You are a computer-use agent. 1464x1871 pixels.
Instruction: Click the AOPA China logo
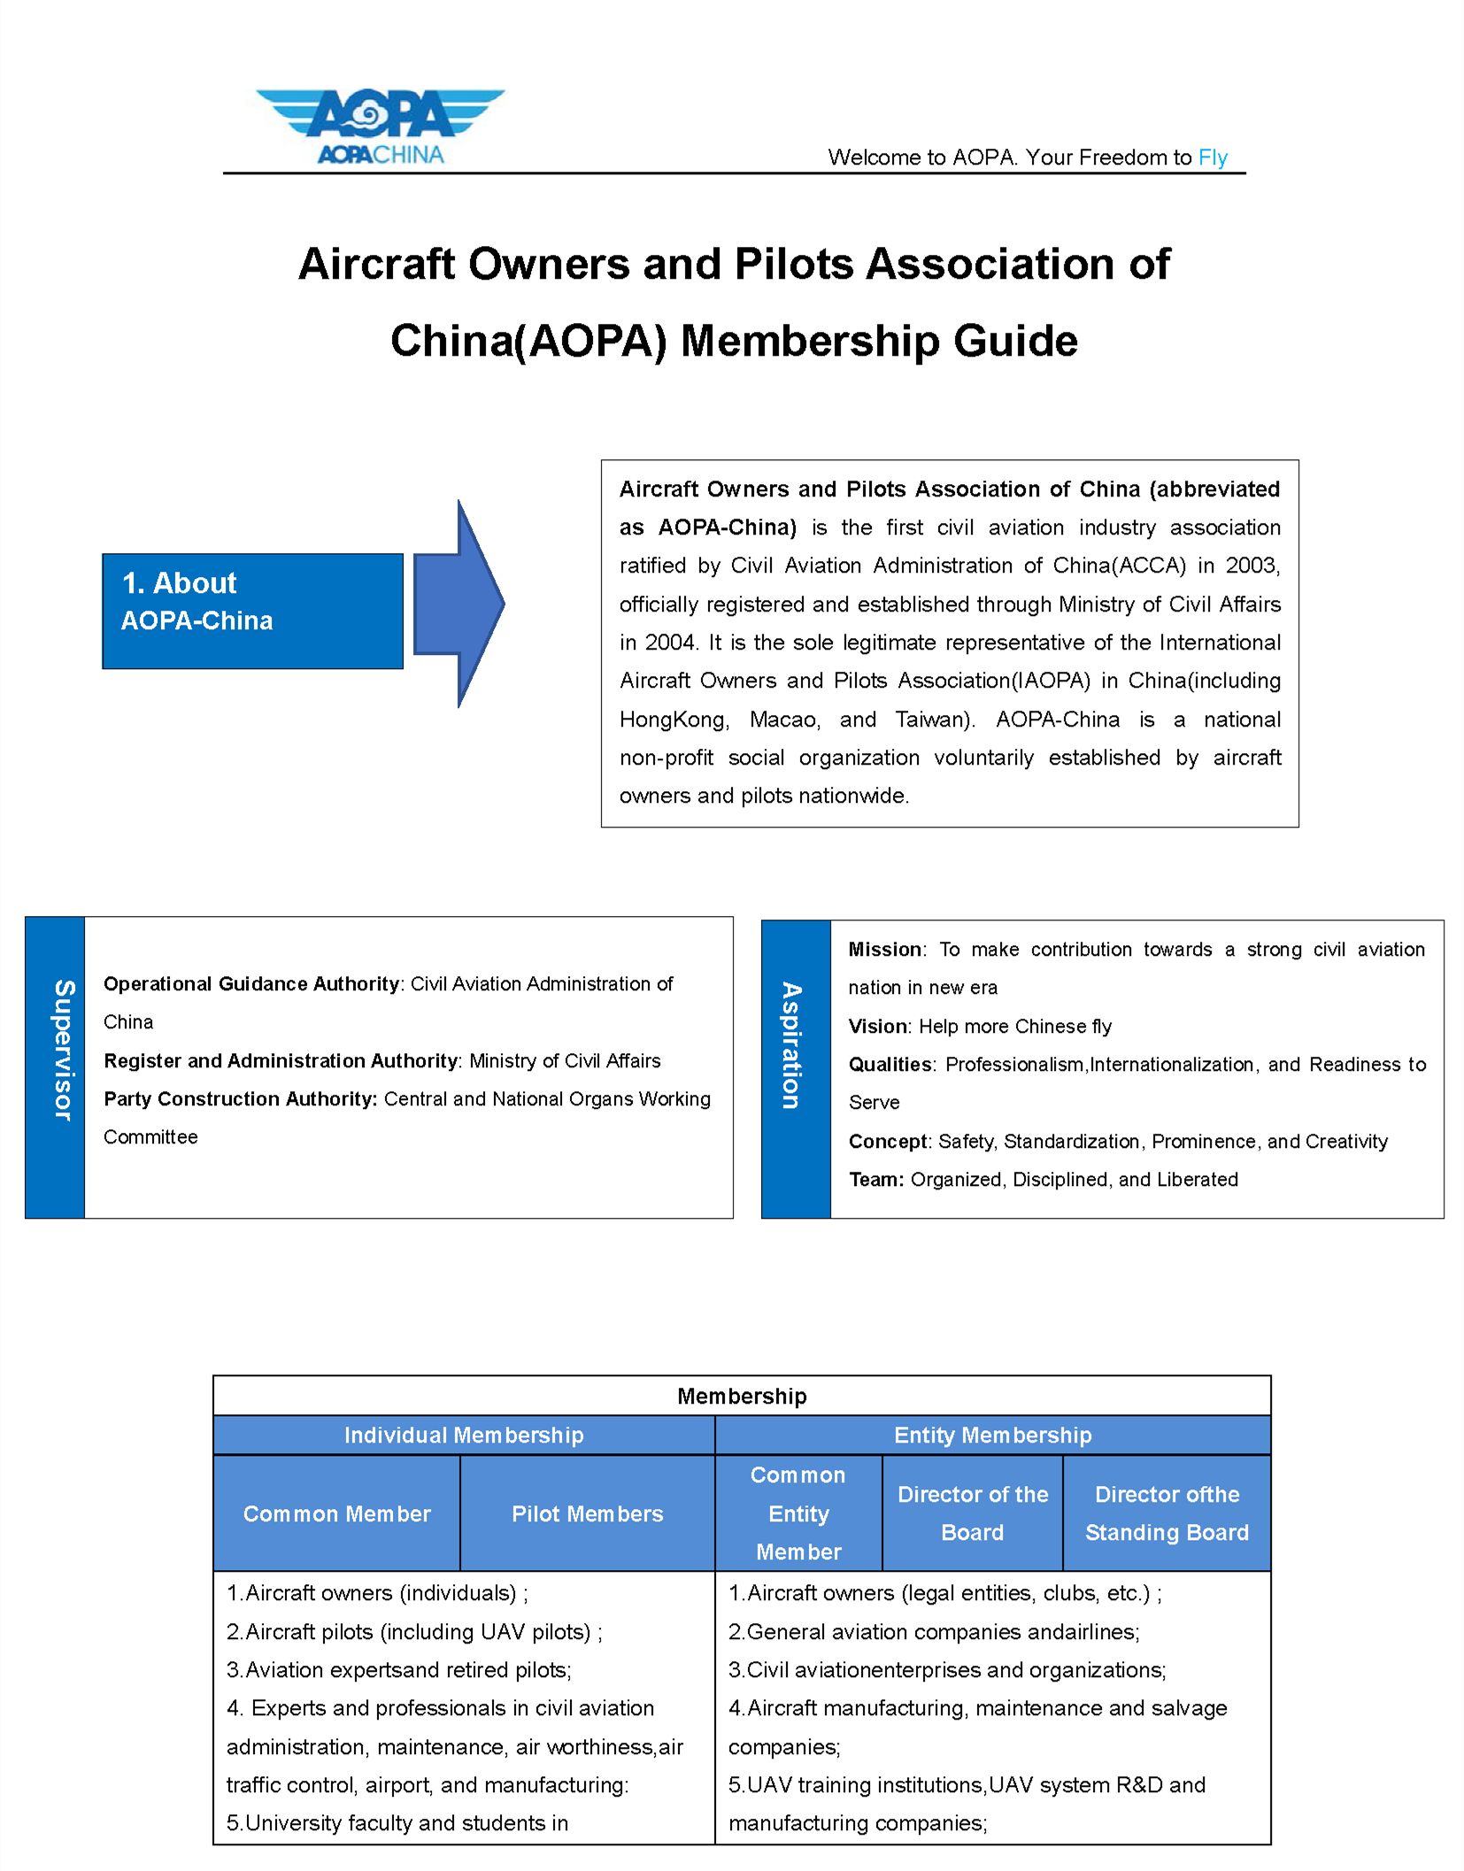click(x=380, y=126)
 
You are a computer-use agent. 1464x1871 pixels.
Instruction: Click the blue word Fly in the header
click(x=1212, y=158)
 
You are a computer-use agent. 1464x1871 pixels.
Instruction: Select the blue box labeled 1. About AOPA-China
click(x=252, y=611)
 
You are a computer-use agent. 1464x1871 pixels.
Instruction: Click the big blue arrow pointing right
click(x=459, y=604)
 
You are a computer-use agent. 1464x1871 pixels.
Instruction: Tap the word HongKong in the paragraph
click(x=674, y=720)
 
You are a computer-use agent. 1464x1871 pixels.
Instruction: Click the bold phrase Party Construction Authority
click(x=240, y=1098)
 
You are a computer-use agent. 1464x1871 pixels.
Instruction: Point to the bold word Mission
click(x=885, y=950)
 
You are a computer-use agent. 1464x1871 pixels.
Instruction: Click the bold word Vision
click(x=878, y=1027)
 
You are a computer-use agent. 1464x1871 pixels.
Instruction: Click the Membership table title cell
click(x=742, y=1396)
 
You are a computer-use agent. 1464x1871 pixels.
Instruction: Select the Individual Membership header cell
click(x=463, y=1435)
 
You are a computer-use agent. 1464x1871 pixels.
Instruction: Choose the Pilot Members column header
click(x=587, y=1513)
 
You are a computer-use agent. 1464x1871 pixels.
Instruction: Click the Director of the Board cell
click(x=972, y=1513)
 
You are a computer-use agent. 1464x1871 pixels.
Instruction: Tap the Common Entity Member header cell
click(x=798, y=1513)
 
